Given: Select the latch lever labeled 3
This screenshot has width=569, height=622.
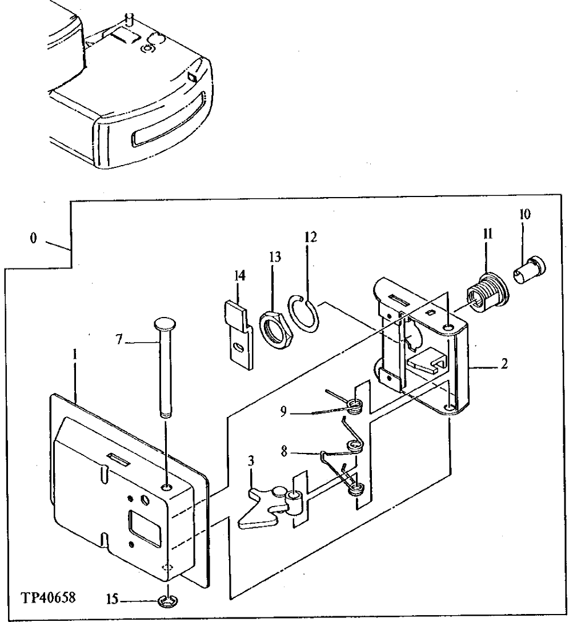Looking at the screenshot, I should tap(257, 505).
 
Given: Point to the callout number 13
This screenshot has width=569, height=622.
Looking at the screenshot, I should tap(275, 256).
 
